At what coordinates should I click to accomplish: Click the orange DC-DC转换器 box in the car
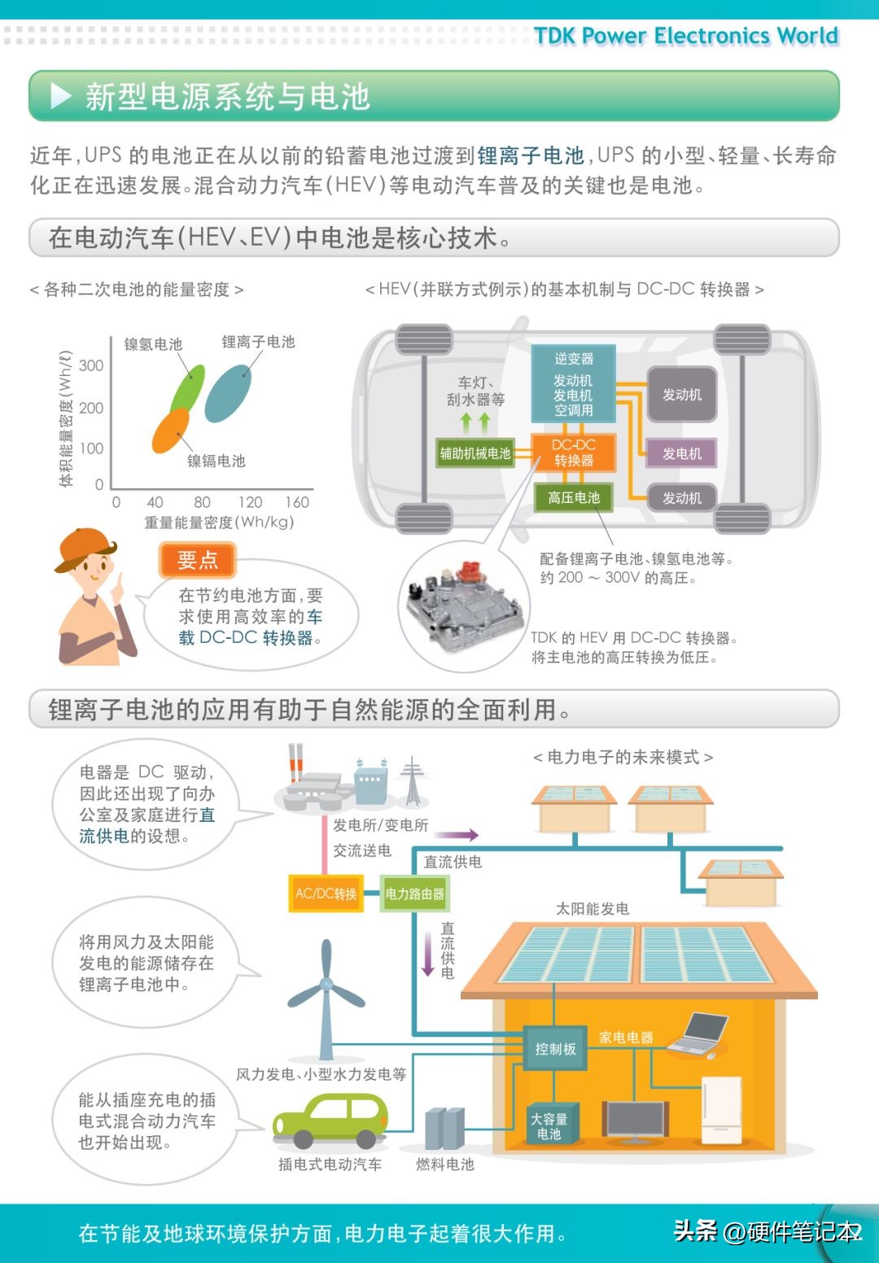tap(573, 452)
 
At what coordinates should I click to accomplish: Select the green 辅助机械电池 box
tap(474, 453)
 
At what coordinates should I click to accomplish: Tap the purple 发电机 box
tap(682, 452)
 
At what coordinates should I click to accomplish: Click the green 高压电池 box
tap(574, 497)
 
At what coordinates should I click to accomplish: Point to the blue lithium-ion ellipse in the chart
tap(228, 394)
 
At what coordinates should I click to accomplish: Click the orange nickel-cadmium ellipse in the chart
tap(171, 430)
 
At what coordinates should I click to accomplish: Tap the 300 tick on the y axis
tap(91, 366)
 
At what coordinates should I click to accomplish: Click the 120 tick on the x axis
tap(250, 502)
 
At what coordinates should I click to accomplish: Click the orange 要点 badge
tap(197, 560)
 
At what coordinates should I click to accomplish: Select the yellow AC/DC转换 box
tap(326, 893)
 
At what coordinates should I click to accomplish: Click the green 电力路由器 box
tap(414, 893)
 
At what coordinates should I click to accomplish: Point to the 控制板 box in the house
tap(555, 1049)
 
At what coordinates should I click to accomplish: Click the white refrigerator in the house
tap(721, 1110)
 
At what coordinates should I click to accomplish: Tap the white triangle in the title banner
tap(60, 96)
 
